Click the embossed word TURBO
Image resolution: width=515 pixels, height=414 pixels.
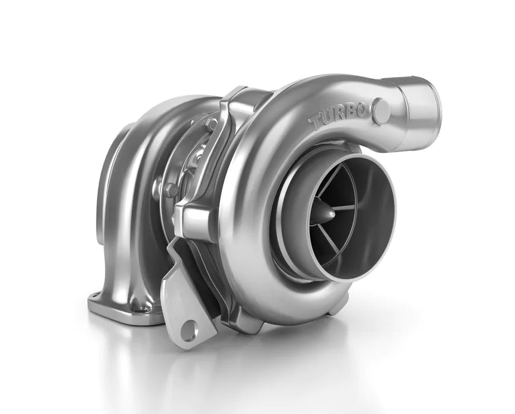[338, 117]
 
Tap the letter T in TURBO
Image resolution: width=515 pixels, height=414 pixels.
[316, 123]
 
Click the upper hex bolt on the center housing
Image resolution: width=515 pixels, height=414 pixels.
[212, 125]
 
